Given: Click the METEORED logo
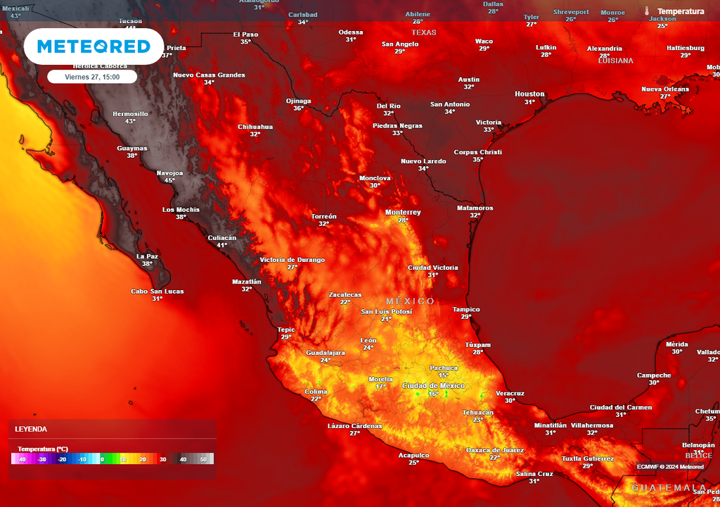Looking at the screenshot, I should click(x=94, y=46).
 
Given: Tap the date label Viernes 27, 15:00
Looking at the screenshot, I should click(x=92, y=77).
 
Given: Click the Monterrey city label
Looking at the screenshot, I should click(x=403, y=212).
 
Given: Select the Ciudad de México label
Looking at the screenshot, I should click(x=433, y=385).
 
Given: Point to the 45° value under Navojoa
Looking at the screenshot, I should click(x=169, y=180).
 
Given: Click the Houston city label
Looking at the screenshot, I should click(x=529, y=94).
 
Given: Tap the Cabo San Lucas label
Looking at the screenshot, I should click(x=157, y=292).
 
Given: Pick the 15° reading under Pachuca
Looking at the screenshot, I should click(x=444, y=375).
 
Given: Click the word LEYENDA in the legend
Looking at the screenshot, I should click(x=32, y=429).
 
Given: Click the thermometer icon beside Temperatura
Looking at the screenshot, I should click(x=646, y=11).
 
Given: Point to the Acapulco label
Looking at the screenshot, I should click(x=413, y=455).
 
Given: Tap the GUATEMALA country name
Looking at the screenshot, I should click(x=668, y=487).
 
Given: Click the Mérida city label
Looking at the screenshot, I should click(x=676, y=344).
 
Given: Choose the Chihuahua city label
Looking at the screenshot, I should click(x=255, y=127).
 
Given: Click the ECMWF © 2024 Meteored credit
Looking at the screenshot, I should click(x=670, y=466).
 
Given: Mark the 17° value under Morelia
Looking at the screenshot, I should click(x=380, y=387).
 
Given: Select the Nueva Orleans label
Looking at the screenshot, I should click(x=665, y=89).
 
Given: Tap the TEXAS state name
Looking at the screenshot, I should click(x=423, y=32).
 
